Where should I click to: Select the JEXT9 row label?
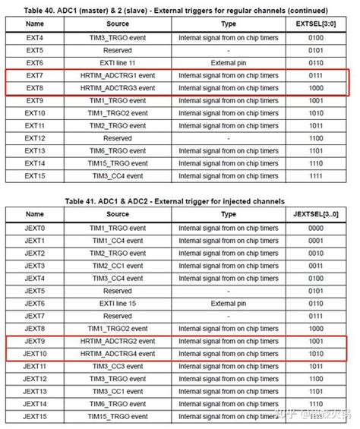34,341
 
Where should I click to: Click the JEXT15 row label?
34,417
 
